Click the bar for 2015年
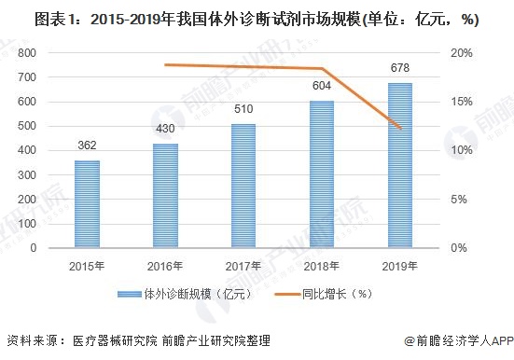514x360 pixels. tap(87, 203)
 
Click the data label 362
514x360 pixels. tap(87, 146)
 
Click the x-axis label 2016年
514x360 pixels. tap(165, 265)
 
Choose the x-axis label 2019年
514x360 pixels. tap(400, 265)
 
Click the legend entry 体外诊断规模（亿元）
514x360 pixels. tap(187, 296)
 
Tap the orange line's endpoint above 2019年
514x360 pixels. tap(400, 128)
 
